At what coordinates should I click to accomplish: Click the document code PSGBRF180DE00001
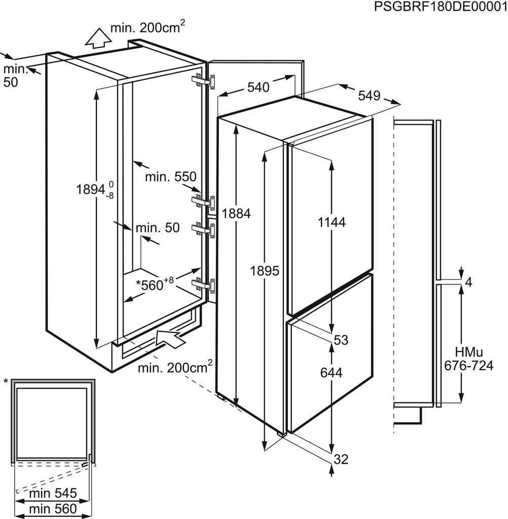point(440,7)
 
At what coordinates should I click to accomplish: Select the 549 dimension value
point(369,95)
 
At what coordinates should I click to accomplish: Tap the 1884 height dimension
point(237,213)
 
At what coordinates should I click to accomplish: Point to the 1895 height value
point(265,271)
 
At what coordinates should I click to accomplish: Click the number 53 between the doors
point(341,340)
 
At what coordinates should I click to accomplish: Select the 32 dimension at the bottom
point(341,459)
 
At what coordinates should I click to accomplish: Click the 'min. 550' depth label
point(170,177)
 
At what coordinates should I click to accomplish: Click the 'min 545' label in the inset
point(52,493)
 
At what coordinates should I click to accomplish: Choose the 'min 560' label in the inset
point(52,508)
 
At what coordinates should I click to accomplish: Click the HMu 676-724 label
point(467,358)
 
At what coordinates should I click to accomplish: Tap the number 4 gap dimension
point(468,283)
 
